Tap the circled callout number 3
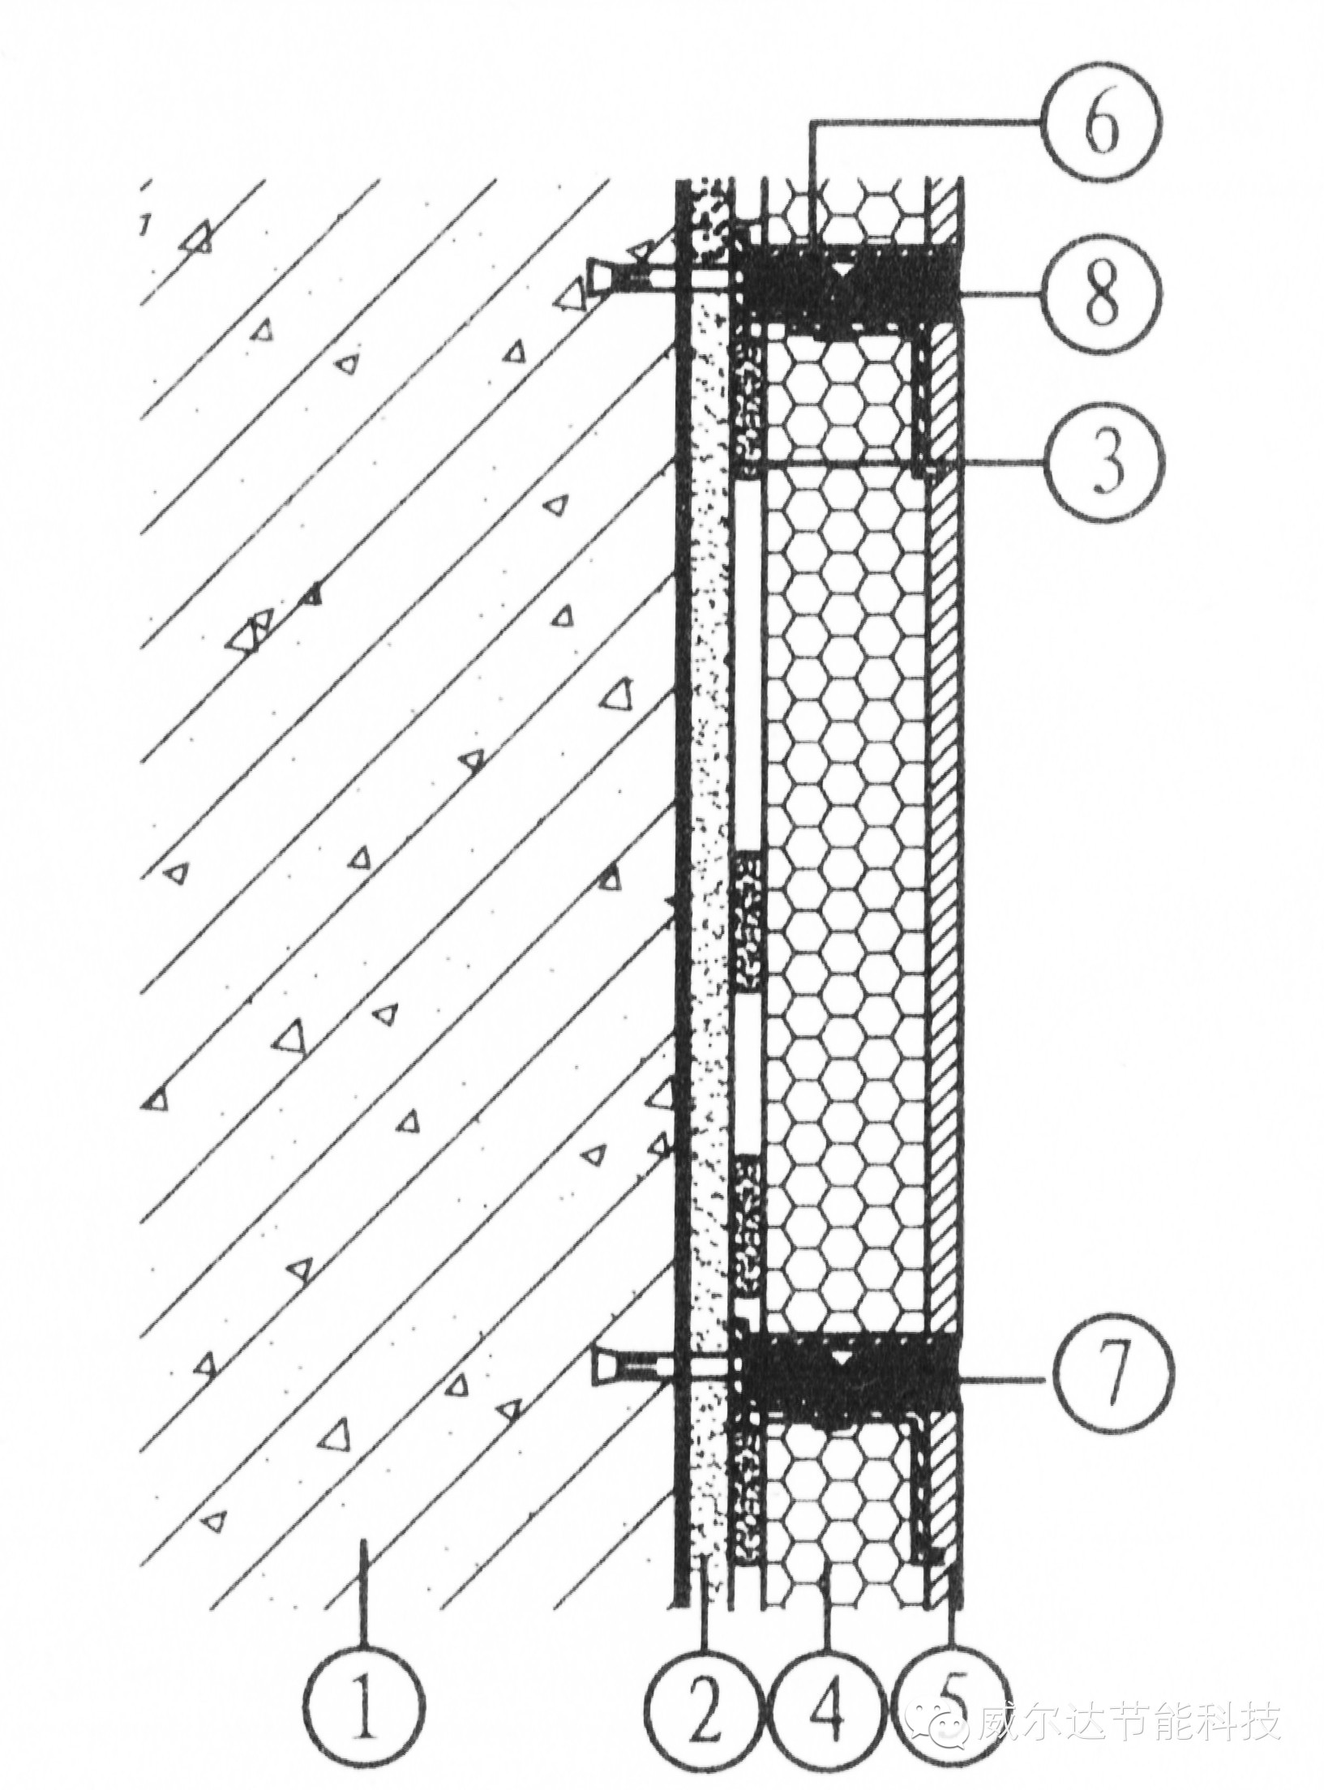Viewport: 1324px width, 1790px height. [1106, 468]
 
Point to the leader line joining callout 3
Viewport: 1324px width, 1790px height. [1005, 463]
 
